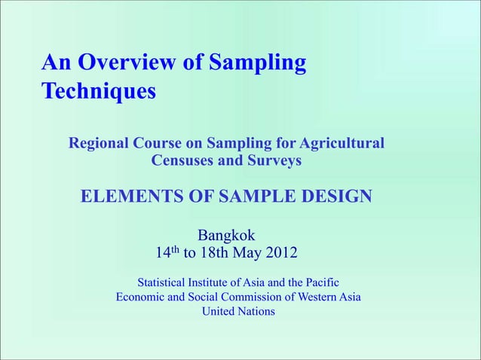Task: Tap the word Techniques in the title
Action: pyautogui.click(x=98, y=92)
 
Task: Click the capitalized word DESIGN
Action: pyautogui.click(x=334, y=197)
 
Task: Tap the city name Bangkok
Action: pyautogui.click(x=227, y=234)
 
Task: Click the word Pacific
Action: pyautogui.click(x=319, y=282)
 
